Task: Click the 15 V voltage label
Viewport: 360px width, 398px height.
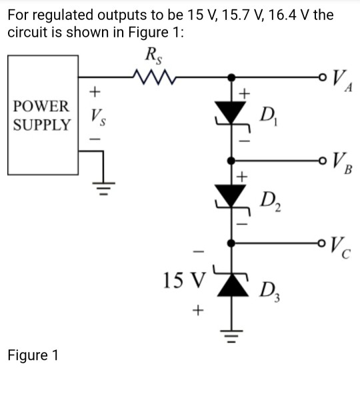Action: click(181, 279)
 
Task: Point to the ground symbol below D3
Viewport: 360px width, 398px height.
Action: click(233, 333)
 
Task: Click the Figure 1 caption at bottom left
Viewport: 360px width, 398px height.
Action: click(33, 355)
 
